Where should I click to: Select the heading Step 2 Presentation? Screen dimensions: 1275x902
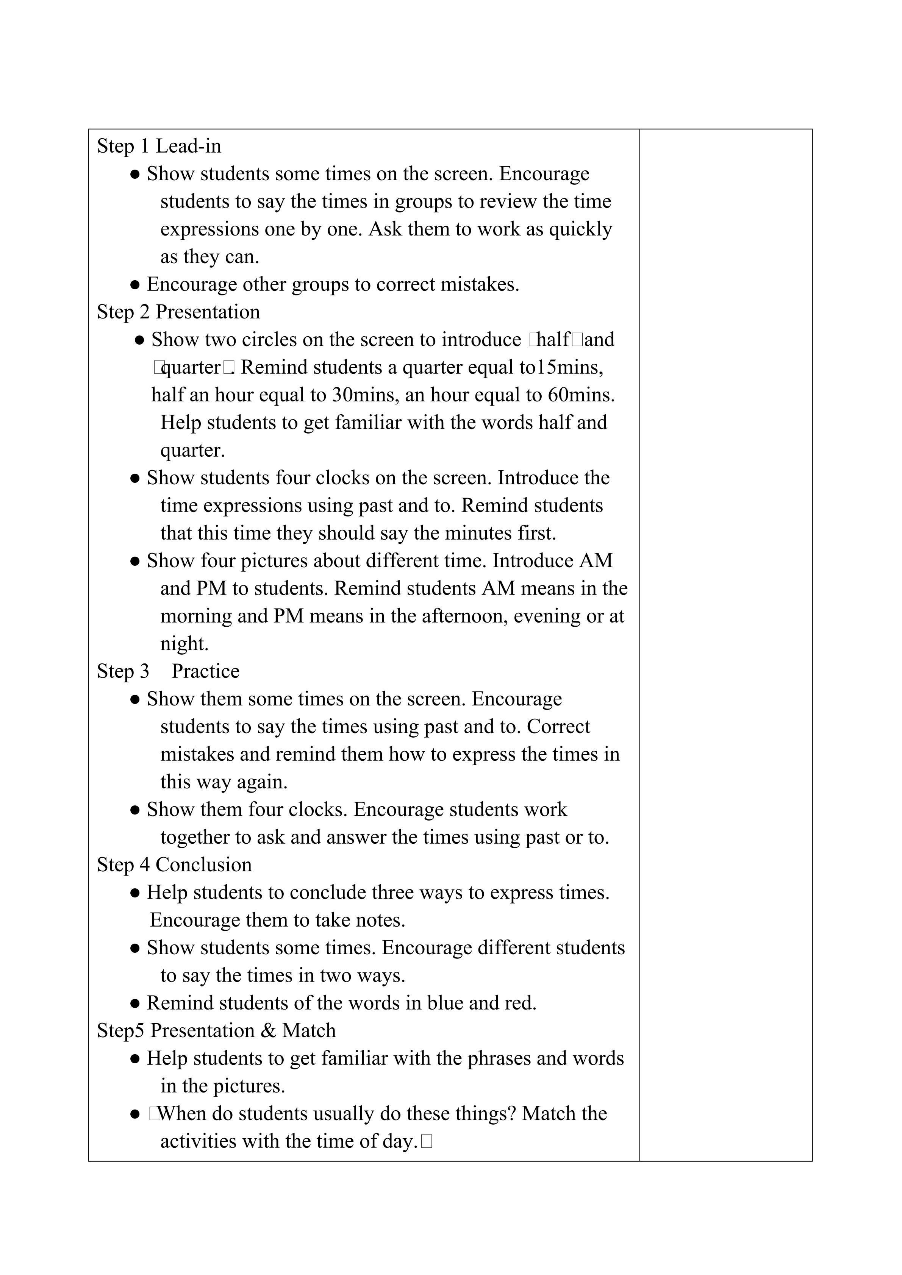pos(178,312)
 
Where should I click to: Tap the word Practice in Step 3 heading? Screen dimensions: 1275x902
pos(205,671)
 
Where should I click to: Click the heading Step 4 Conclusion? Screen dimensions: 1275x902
pos(174,865)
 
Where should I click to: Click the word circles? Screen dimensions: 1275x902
pos(269,340)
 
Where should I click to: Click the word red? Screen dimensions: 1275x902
pos(520,1003)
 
